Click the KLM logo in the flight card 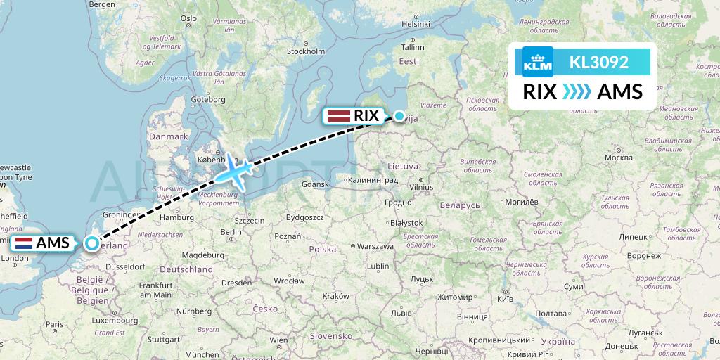[538, 62]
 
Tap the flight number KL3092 [599, 62]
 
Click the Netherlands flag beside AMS [24, 244]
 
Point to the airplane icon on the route [235, 171]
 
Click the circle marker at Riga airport [399, 116]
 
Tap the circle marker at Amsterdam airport [93, 244]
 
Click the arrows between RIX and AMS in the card [577, 92]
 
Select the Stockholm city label [306, 51]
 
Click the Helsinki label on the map [415, 23]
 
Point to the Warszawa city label [375, 247]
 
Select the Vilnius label [421, 187]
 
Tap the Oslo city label [188, 18]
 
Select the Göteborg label [207, 100]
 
